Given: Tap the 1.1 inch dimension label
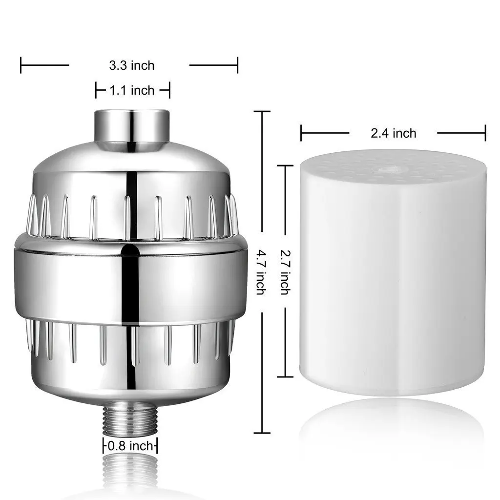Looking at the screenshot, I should pos(131,90).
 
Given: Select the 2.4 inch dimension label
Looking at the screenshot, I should pos(393,133).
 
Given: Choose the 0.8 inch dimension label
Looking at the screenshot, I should pos(130,446).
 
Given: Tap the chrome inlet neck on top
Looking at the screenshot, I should pos(131,125).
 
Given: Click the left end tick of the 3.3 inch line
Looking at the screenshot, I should pos(21,65).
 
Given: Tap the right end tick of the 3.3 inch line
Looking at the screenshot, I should pos(237,65).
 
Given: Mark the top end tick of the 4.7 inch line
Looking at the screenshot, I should pos(262,112).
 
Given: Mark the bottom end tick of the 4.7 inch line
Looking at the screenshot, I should pos(262,433).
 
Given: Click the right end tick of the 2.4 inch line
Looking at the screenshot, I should pos(485,133).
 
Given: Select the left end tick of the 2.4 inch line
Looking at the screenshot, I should pos(301,133).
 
